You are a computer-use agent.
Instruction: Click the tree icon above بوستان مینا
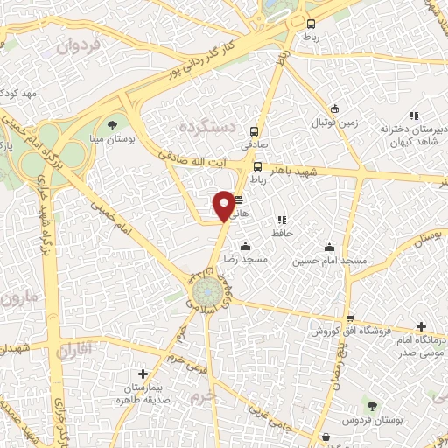click(112, 123)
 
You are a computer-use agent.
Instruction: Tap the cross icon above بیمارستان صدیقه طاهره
click(143, 374)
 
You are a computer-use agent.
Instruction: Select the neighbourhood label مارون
click(20, 298)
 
